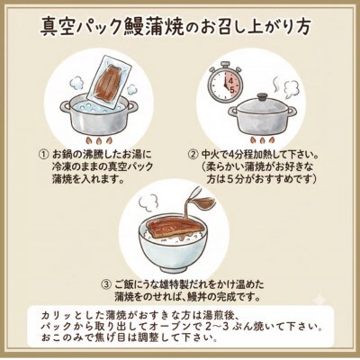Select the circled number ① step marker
(43, 152)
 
